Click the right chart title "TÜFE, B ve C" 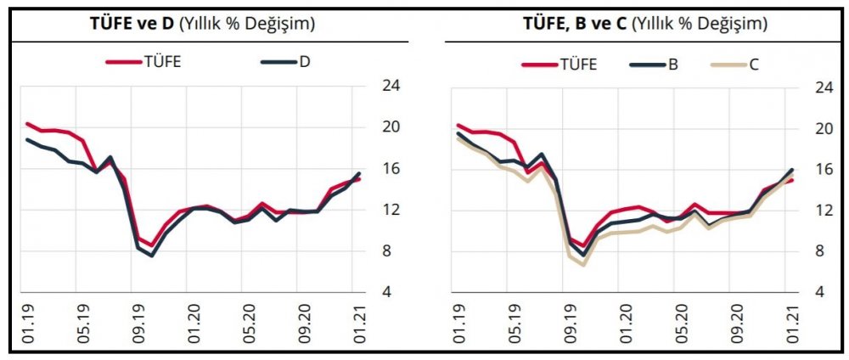644,24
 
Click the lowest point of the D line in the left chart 151,255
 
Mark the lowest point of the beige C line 583,264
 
